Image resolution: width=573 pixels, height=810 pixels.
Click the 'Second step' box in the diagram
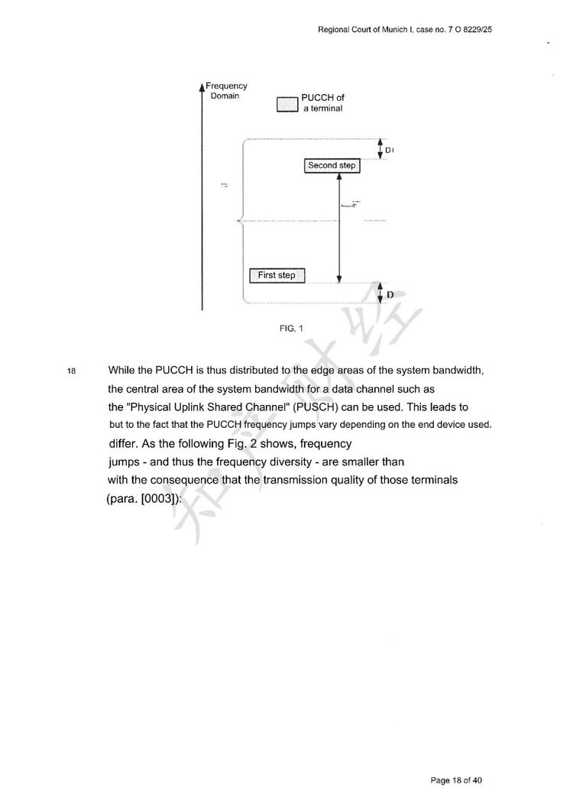pyautogui.click(x=332, y=166)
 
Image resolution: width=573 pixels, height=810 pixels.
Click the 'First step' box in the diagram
pyautogui.click(x=277, y=275)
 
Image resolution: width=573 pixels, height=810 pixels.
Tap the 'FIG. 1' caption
pyautogui.click(x=292, y=329)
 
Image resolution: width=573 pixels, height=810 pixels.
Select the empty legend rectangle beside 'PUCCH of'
pyautogui.click(x=287, y=105)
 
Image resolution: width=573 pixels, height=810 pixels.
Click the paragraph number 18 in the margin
pyautogui.click(x=72, y=372)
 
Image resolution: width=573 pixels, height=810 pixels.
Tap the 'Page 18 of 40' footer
pyautogui.click(x=456, y=780)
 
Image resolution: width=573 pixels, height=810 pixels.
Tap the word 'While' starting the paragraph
pyautogui.click(x=123, y=371)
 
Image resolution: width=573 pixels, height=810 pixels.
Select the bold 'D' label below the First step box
pyautogui.click(x=390, y=294)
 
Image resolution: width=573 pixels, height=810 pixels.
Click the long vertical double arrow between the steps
pyautogui.click(x=339, y=225)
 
